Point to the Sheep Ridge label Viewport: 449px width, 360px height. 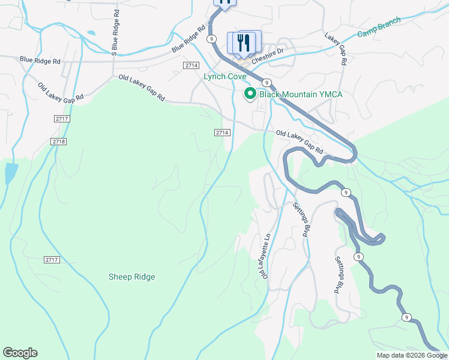pos(131,277)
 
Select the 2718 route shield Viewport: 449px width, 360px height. pos(59,141)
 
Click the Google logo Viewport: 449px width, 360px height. pos(20,353)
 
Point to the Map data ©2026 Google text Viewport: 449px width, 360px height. pos(412,355)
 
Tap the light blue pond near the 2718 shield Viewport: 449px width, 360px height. pos(10,173)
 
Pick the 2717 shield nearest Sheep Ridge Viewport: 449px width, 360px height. pos(52,259)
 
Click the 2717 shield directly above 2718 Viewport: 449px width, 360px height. pos(61,119)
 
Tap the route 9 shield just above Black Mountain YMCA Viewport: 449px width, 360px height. pos(267,82)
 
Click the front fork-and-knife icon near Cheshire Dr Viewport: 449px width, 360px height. pos(243,43)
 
